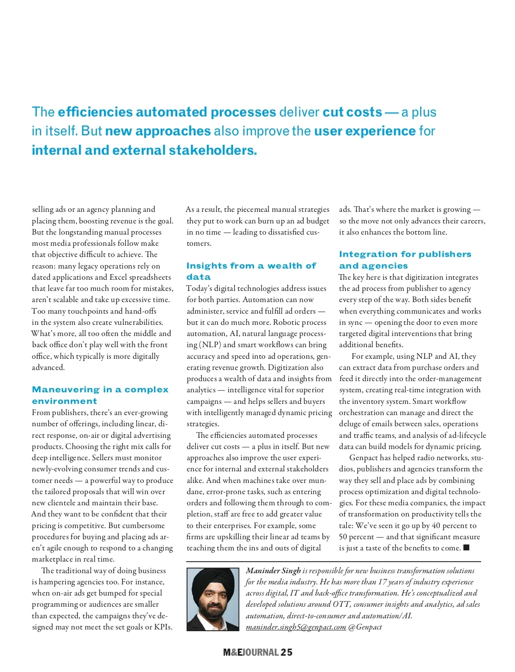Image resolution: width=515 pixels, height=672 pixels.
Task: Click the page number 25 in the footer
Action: coord(287,652)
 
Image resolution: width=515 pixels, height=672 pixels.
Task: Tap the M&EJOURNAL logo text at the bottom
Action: coord(251,652)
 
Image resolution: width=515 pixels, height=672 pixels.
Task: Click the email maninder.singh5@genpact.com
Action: coord(296,627)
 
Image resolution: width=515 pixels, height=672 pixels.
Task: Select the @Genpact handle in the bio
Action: coord(365,627)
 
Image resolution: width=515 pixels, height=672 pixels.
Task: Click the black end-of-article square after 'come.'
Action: coord(467,547)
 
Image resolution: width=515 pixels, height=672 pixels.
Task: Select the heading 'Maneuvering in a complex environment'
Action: coord(100,395)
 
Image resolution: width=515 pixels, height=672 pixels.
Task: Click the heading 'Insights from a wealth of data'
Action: coord(251,271)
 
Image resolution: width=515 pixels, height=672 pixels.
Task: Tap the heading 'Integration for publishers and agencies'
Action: coord(405,260)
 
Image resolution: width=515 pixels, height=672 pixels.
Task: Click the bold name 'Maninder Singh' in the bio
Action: coord(273,571)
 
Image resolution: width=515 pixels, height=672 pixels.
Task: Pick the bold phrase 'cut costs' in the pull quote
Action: coord(352,112)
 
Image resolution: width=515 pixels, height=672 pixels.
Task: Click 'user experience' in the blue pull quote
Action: coord(365,131)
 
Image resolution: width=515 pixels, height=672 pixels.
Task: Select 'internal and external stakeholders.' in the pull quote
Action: coord(144,150)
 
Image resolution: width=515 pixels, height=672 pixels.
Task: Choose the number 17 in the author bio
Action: coord(382,582)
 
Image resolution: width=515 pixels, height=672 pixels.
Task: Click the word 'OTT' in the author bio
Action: coord(341,604)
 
